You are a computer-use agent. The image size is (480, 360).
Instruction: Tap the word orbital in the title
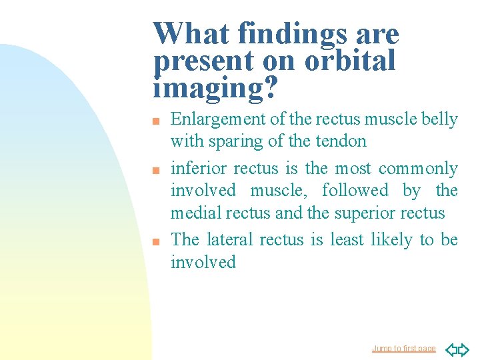point(350,59)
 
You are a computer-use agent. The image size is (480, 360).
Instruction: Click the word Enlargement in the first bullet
point(218,120)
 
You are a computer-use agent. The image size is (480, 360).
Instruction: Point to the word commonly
point(418,169)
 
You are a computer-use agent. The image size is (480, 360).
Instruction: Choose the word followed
point(355,190)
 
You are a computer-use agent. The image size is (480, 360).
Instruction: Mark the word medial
point(196,213)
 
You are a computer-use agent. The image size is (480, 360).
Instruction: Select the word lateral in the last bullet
point(229,239)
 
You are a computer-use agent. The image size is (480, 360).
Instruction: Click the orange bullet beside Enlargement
point(156,121)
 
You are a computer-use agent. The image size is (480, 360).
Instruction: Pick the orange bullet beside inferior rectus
point(156,170)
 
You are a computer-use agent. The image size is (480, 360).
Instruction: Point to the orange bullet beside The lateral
point(156,242)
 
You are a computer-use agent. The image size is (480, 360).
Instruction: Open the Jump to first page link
point(404,349)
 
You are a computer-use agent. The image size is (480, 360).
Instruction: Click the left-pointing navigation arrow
point(451,349)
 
